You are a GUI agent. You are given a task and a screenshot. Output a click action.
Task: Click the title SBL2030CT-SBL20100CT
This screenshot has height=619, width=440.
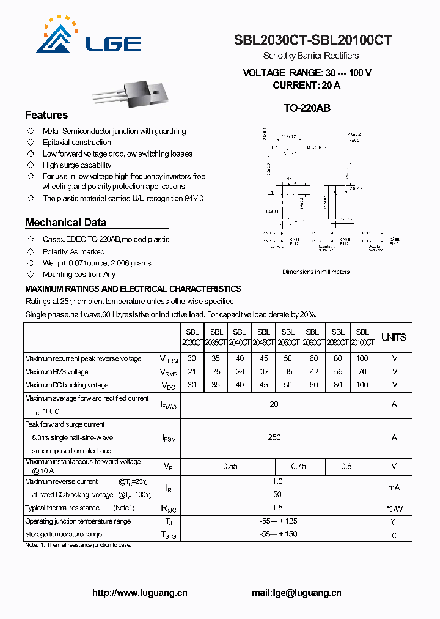click(312, 40)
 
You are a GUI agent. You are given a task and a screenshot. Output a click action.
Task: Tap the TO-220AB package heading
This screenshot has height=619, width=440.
click(307, 108)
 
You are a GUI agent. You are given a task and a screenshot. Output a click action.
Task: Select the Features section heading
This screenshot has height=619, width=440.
click(46, 115)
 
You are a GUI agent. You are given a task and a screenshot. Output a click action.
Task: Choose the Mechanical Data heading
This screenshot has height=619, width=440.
click(65, 223)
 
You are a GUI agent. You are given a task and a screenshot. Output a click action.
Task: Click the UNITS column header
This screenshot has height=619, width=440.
click(394, 337)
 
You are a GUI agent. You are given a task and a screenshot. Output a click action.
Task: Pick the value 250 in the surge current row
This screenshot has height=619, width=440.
click(274, 437)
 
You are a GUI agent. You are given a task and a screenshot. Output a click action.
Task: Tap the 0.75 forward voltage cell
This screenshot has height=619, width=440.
click(298, 466)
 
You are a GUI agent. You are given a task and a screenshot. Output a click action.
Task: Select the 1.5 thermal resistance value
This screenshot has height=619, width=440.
click(277, 508)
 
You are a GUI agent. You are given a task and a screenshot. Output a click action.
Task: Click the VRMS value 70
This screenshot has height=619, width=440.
click(362, 372)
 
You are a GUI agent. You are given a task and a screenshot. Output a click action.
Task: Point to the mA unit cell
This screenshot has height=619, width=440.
click(394, 488)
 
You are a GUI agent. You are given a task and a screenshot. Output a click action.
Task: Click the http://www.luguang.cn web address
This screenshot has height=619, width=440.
click(139, 593)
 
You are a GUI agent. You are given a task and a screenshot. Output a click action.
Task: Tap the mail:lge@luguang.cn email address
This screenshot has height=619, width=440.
click(296, 593)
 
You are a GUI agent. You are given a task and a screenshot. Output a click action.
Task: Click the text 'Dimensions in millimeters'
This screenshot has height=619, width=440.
click(316, 272)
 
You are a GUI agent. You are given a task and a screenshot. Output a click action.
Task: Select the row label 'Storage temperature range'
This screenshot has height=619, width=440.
click(64, 534)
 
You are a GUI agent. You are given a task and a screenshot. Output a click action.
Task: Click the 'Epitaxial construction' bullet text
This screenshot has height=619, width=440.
click(77, 143)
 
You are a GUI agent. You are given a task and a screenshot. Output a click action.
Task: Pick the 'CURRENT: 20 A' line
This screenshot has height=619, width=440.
click(306, 85)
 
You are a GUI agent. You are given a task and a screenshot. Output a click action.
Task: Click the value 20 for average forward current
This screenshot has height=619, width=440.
click(274, 404)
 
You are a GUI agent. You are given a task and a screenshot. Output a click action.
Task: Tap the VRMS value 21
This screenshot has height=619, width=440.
click(192, 372)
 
